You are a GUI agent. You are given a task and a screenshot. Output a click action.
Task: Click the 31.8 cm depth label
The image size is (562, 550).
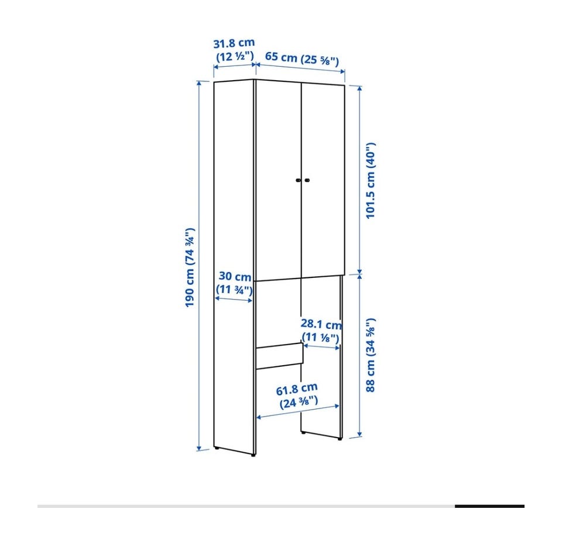234,50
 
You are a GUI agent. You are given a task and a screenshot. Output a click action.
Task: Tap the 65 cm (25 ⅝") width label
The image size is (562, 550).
301,59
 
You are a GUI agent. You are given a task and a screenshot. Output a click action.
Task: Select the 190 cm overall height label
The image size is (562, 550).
190,267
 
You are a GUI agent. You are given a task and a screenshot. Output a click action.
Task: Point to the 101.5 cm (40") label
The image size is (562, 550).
370,181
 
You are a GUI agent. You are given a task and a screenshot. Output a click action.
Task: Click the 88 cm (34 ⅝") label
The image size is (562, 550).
370,355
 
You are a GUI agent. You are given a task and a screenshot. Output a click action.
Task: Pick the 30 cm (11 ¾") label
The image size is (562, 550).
234,283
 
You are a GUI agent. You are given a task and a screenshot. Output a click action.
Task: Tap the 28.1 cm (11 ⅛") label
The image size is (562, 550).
321,331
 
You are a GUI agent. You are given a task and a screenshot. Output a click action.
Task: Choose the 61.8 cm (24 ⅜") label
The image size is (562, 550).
298,396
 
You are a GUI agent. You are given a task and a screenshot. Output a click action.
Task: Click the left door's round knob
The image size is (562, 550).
298,180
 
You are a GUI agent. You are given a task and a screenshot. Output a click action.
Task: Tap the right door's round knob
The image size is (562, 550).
307,180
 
